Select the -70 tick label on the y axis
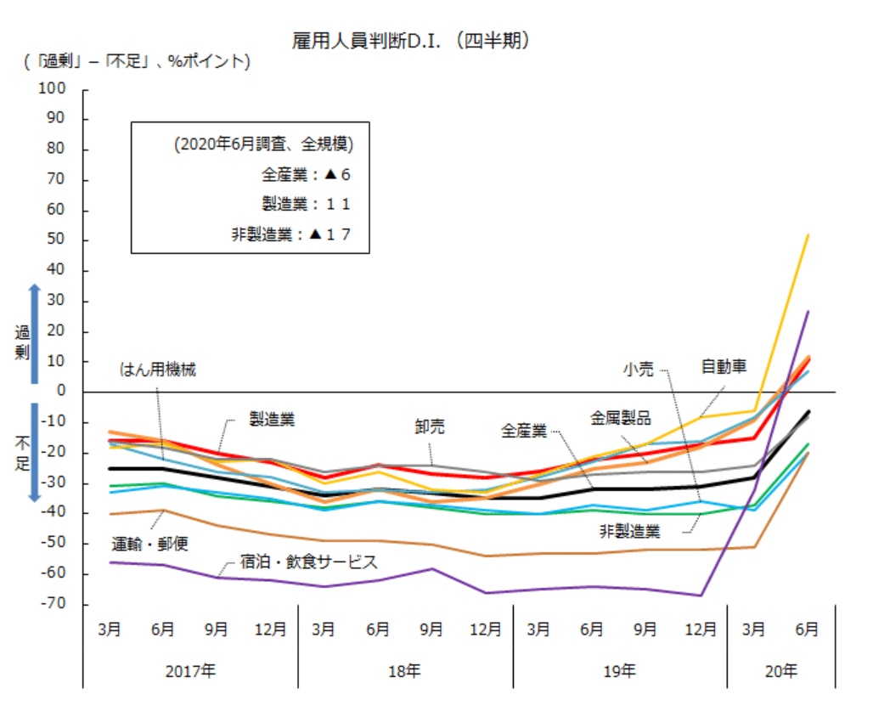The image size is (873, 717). (x=54, y=604)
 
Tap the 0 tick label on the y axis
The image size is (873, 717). (x=61, y=391)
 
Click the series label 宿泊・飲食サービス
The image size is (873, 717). (x=308, y=562)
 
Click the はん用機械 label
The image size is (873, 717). (x=157, y=370)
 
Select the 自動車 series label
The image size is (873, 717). (x=724, y=367)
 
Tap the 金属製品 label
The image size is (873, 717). (x=621, y=418)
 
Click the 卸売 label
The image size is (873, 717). (x=430, y=427)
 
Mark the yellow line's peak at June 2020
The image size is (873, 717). (x=808, y=235)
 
